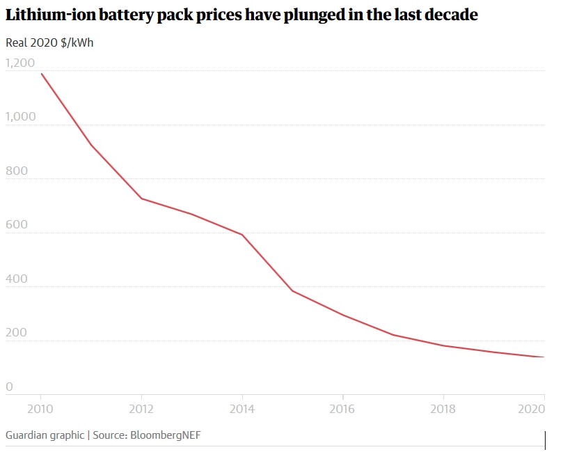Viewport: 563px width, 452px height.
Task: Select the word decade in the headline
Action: (448, 15)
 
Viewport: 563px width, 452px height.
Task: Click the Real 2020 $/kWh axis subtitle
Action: (49, 42)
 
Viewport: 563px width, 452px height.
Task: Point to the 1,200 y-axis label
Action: (19, 63)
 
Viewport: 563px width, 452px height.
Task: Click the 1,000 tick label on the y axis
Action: (20, 117)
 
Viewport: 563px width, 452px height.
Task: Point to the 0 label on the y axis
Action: (9, 387)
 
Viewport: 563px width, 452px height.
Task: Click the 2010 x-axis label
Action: (41, 408)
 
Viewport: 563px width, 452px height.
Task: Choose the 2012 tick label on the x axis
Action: (142, 408)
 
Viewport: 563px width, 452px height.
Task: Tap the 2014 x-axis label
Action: (242, 408)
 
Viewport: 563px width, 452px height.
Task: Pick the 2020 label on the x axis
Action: (532, 408)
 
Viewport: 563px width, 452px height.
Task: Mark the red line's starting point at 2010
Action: (41, 73)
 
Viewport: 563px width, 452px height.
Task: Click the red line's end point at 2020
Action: (544, 357)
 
